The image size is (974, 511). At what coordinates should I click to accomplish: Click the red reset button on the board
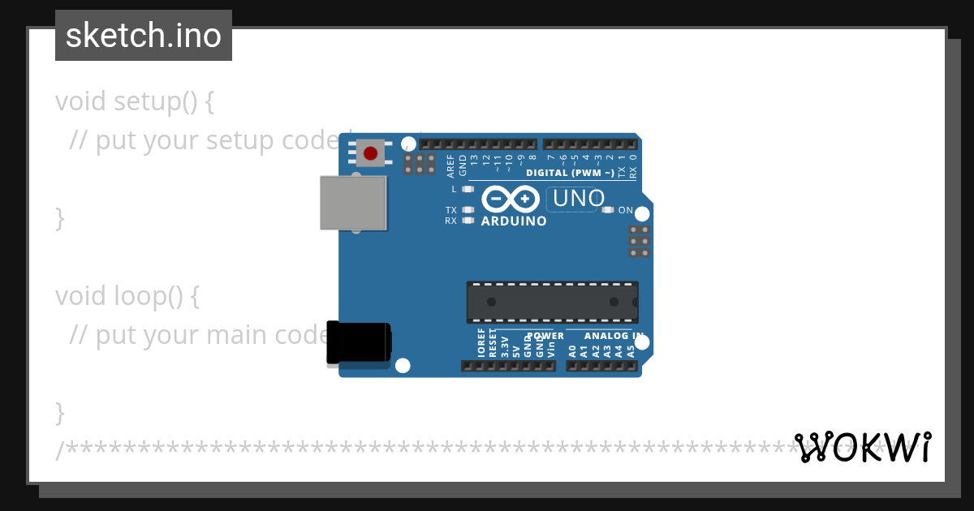tap(370, 152)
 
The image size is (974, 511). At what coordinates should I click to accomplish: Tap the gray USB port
tap(353, 203)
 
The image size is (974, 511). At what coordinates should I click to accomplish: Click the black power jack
tap(358, 342)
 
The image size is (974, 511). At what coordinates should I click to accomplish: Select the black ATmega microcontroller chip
tap(552, 302)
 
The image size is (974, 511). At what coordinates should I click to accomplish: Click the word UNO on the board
tap(578, 199)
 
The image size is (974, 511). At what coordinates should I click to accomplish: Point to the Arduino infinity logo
tap(511, 199)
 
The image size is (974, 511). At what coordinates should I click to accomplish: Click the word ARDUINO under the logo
tap(514, 221)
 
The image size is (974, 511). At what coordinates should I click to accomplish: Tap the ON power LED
tap(608, 210)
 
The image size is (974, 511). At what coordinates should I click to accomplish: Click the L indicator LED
tap(467, 189)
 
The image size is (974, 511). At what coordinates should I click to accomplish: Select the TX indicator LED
tap(467, 210)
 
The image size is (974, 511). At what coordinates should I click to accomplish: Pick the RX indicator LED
tap(467, 221)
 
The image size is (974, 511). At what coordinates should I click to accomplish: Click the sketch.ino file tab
tap(144, 36)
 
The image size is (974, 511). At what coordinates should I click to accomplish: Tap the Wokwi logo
tap(863, 447)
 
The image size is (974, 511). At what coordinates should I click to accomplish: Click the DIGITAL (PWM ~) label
tap(570, 173)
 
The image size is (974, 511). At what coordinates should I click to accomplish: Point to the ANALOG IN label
tap(614, 336)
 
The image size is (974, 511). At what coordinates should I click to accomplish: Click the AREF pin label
tap(451, 166)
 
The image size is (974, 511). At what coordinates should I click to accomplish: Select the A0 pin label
tap(573, 351)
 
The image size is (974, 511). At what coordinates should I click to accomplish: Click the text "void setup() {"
tap(135, 101)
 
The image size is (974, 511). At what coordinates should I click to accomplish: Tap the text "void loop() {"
tap(127, 296)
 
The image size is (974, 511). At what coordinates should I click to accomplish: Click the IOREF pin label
tap(481, 343)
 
